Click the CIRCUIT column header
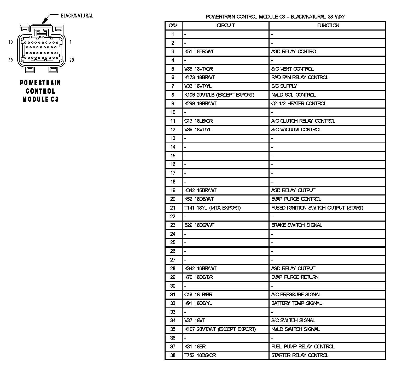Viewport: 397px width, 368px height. point(226,25)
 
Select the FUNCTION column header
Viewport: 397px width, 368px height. point(328,25)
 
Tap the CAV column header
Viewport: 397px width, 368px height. point(173,25)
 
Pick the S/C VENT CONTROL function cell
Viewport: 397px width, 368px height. point(292,69)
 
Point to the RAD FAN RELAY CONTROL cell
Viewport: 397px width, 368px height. point(299,78)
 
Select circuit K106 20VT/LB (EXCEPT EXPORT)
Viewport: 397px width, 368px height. point(219,95)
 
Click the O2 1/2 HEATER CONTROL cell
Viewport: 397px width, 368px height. point(298,104)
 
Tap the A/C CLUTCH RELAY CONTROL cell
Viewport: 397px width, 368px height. point(303,121)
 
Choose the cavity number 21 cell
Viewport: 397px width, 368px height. point(173,208)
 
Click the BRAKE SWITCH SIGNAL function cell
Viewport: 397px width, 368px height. point(296,225)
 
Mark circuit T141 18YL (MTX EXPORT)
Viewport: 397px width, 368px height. point(212,208)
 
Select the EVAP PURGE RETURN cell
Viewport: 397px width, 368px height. point(295,277)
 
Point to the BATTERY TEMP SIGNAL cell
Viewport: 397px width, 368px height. point(296,303)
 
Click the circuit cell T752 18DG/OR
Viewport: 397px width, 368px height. point(200,355)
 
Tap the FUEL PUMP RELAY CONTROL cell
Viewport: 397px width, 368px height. point(302,347)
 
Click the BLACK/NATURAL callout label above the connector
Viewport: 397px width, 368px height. point(77,16)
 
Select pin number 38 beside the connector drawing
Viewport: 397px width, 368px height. point(10,60)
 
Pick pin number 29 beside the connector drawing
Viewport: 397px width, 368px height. point(72,60)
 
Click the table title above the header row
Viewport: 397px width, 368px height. point(275,17)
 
